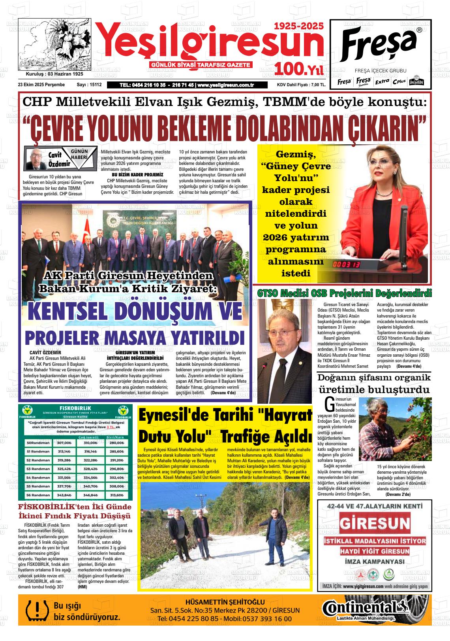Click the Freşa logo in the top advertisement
point(379,43)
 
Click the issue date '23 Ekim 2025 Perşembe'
point(41,85)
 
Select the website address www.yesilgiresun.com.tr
point(225,85)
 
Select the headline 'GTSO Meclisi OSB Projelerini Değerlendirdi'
point(344,293)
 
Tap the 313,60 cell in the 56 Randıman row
point(116,495)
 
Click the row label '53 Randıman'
point(38,469)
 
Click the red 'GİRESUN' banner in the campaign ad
point(375,524)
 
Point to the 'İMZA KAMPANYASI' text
point(374,562)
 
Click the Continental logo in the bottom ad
point(363,608)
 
